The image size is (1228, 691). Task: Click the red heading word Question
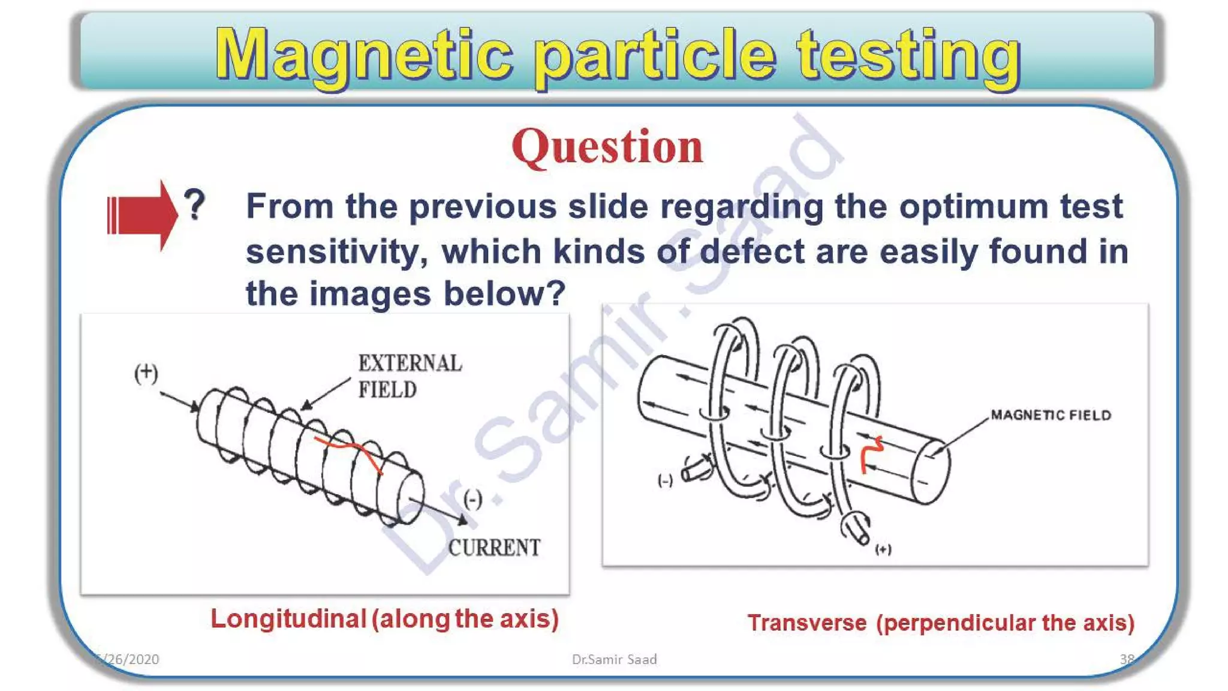pyautogui.click(x=607, y=147)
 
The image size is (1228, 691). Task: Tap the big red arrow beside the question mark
pyautogui.click(x=142, y=215)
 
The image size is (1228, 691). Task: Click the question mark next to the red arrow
pyautogui.click(x=194, y=205)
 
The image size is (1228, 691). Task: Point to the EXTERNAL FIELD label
pyautogui.click(x=410, y=376)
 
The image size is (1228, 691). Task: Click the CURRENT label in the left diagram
pyautogui.click(x=494, y=547)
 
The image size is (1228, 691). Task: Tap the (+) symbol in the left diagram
pyautogui.click(x=146, y=373)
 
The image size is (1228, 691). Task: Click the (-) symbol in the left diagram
pyautogui.click(x=473, y=499)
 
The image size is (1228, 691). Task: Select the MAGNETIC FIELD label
pyautogui.click(x=1051, y=415)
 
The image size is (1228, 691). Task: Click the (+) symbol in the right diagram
pyautogui.click(x=883, y=549)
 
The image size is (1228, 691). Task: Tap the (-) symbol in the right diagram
pyautogui.click(x=665, y=480)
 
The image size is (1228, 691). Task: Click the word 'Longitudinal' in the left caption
pyautogui.click(x=288, y=619)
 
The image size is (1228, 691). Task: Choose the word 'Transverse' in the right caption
pyautogui.click(x=806, y=623)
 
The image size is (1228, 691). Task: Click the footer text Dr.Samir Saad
pyautogui.click(x=614, y=659)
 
